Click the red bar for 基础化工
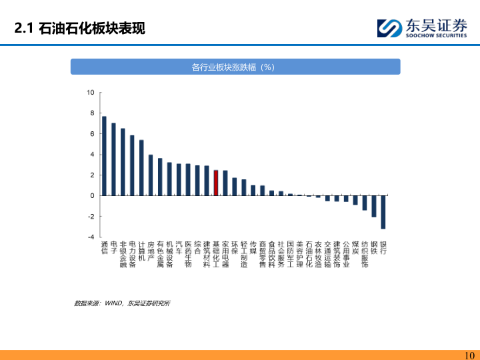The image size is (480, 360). click(x=216, y=183)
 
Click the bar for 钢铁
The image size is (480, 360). click(x=374, y=206)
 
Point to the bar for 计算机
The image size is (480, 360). click(x=141, y=167)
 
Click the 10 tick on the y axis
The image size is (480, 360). click(x=90, y=92)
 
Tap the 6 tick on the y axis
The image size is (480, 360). click(x=91, y=133)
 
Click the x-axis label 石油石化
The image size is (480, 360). click(x=309, y=254)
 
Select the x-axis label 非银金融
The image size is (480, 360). click(x=123, y=254)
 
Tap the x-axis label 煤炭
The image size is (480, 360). click(x=355, y=247)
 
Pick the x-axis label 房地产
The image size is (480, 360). click(x=151, y=251)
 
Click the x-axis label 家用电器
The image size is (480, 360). click(x=225, y=254)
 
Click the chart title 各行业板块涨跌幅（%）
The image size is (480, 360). click(x=235, y=67)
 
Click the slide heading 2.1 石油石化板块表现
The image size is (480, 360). click(x=79, y=29)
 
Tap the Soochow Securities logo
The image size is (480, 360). click(x=421, y=28)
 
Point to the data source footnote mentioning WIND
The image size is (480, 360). click(x=122, y=303)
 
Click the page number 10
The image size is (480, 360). click(x=469, y=355)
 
